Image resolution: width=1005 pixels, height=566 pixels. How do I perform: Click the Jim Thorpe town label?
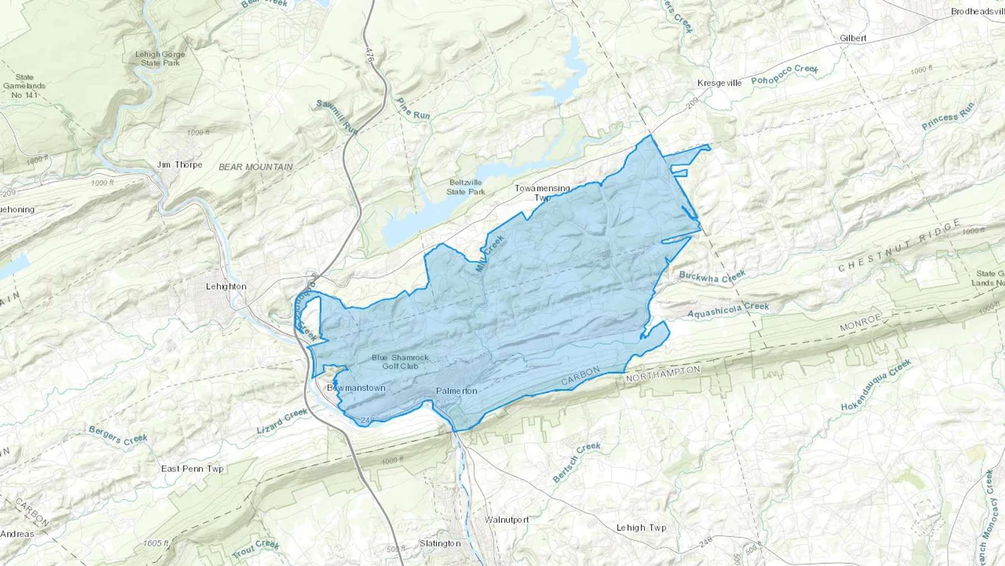click(180, 165)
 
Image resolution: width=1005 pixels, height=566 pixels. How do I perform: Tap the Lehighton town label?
click(226, 287)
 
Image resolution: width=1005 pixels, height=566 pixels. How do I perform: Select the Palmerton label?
click(457, 391)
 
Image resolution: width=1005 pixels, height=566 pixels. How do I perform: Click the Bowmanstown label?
click(356, 388)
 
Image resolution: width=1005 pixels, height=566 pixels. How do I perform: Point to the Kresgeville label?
click(720, 83)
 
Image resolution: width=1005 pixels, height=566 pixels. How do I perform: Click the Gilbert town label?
click(853, 39)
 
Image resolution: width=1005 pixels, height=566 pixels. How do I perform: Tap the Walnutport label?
click(506, 520)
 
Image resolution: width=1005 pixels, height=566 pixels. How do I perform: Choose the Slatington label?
click(440, 544)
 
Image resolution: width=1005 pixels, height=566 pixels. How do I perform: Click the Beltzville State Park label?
click(466, 187)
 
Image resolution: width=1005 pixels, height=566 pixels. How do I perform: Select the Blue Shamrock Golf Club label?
click(400, 362)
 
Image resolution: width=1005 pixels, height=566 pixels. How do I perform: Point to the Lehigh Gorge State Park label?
click(160, 59)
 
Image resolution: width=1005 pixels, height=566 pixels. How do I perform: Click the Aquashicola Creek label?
click(728, 310)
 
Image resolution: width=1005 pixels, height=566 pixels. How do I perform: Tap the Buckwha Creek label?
click(712, 277)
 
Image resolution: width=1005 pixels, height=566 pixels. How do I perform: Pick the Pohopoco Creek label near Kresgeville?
click(784, 74)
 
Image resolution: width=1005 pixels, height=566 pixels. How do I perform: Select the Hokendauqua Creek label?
click(876, 385)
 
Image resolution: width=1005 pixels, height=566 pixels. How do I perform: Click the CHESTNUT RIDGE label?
click(899, 246)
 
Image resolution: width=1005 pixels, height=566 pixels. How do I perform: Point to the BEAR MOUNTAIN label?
click(256, 167)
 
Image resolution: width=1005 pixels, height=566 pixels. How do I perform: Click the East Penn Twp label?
click(192, 469)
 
